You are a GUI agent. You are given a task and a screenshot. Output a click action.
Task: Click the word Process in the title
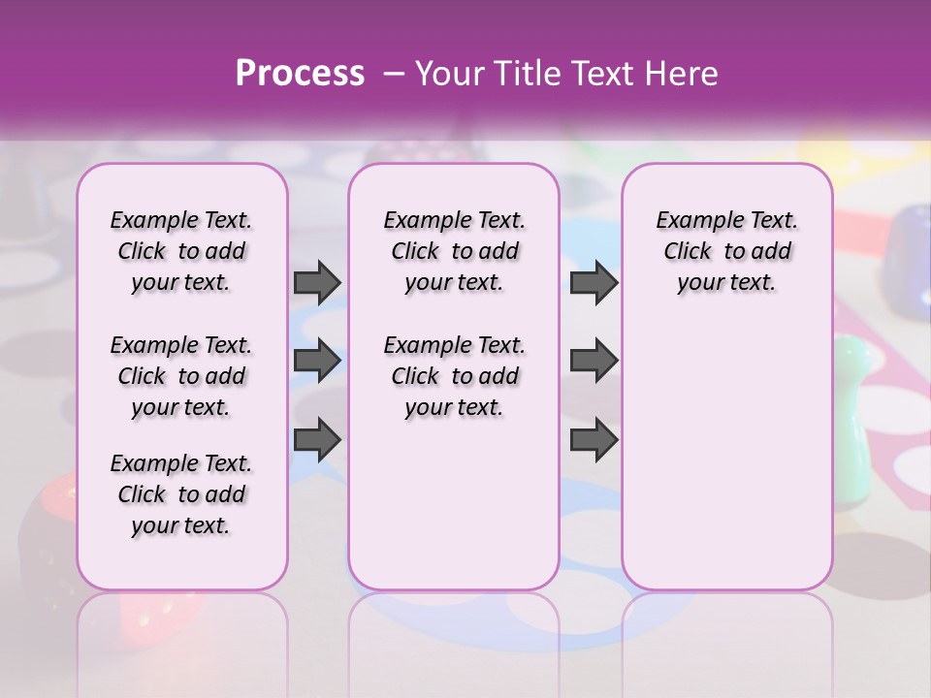300,73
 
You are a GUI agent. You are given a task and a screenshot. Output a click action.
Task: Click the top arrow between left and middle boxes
317,282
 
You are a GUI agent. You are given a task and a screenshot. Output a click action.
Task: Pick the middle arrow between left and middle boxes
317,362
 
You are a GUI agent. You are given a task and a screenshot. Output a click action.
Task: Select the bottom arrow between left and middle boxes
317,440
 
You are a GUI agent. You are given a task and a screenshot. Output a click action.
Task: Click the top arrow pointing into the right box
594,282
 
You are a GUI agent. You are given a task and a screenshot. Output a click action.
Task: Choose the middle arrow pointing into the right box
594,362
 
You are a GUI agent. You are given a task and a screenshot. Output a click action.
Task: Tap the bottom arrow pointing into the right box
594,440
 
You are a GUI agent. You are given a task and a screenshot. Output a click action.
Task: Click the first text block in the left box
181,251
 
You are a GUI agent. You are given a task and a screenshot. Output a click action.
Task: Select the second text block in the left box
181,376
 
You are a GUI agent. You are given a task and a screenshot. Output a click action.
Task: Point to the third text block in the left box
181,494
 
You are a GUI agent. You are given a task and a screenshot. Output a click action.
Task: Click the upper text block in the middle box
454,251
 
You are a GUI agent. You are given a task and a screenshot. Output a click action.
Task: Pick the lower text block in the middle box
454,376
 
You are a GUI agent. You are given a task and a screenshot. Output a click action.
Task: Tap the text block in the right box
726,251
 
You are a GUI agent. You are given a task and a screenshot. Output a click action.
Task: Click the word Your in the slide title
449,73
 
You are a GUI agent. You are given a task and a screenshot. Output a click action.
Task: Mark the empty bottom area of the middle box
454,514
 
